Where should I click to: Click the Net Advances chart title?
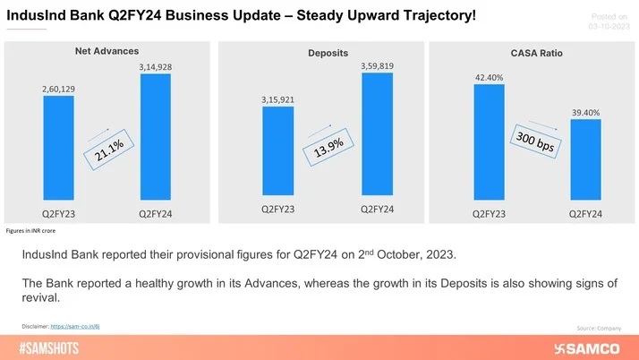pos(106,51)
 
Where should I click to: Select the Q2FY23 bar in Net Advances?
pos(58,147)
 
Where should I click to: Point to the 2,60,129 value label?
pos(58,88)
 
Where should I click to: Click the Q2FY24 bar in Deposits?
pos(377,134)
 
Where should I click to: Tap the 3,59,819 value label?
pos(377,65)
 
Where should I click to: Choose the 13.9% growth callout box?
pos(328,148)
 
